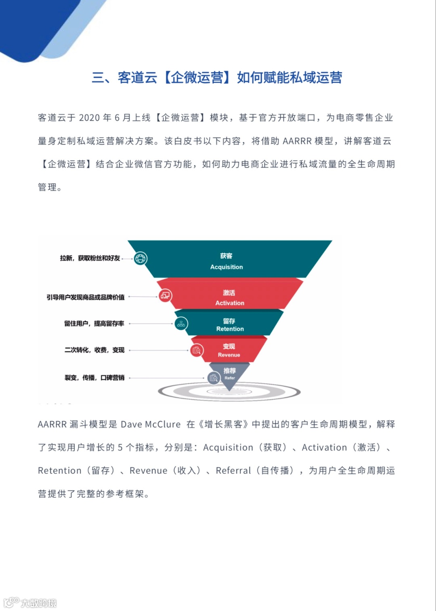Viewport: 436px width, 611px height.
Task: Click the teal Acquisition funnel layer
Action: (x=228, y=260)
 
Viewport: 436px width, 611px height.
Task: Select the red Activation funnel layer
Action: (x=229, y=297)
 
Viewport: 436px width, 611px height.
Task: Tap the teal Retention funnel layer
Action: (x=229, y=324)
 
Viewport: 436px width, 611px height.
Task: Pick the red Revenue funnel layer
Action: (x=229, y=350)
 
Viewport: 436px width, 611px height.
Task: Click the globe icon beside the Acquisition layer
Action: (x=140, y=258)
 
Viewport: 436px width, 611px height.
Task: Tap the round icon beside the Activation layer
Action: (x=165, y=296)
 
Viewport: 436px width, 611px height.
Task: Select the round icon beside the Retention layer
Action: (x=181, y=323)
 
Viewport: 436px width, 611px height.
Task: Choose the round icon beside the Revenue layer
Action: (x=197, y=350)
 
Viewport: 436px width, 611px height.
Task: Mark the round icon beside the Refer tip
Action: (x=214, y=378)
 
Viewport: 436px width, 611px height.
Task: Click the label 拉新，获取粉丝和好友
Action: (x=90, y=258)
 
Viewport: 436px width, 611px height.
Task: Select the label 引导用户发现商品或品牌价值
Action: (x=86, y=297)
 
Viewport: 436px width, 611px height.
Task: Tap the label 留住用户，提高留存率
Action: (x=94, y=323)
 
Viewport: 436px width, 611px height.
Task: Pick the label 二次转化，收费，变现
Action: (x=94, y=350)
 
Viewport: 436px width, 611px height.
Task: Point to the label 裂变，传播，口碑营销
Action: (x=94, y=378)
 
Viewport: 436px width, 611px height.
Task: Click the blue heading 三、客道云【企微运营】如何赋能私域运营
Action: (x=217, y=77)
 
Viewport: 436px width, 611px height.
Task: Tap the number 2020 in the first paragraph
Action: (x=89, y=118)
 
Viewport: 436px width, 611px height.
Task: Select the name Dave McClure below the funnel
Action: (x=151, y=424)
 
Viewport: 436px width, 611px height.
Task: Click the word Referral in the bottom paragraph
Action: (x=233, y=471)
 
